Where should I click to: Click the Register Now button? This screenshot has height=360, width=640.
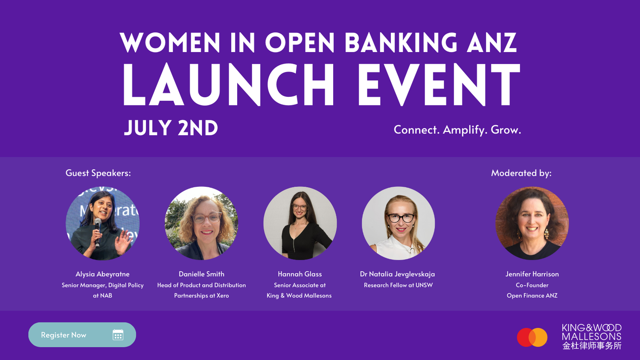(x=82, y=335)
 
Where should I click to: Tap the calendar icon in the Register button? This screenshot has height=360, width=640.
(x=118, y=335)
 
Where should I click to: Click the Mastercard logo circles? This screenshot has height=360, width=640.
(x=532, y=337)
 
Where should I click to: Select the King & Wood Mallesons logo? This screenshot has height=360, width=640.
(x=591, y=337)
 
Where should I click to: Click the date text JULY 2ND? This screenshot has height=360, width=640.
(x=171, y=128)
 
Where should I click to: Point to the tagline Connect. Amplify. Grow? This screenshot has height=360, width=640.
(x=457, y=130)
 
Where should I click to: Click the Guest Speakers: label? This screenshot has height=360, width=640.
(x=98, y=173)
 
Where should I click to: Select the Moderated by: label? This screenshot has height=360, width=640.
(x=521, y=173)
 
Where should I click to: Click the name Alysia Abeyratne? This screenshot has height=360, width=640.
(x=102, y=274)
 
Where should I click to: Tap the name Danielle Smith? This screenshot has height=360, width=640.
(x=201, y=274)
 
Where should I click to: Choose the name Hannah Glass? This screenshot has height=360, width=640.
(x=300, y=274)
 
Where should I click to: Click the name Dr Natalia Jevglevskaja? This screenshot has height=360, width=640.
(x=398, y=274)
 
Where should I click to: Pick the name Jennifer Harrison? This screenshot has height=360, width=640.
(x=532, y=274)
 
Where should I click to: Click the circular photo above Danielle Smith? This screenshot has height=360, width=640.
(x=201, y=223)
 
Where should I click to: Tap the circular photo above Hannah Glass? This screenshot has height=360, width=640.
(x=300, y=223)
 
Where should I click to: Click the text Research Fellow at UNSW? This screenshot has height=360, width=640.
(x=398, y=285)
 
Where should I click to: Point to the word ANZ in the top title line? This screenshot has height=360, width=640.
(x=492, y=43)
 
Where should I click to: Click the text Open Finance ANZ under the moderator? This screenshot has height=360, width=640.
(x=532, y=295)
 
